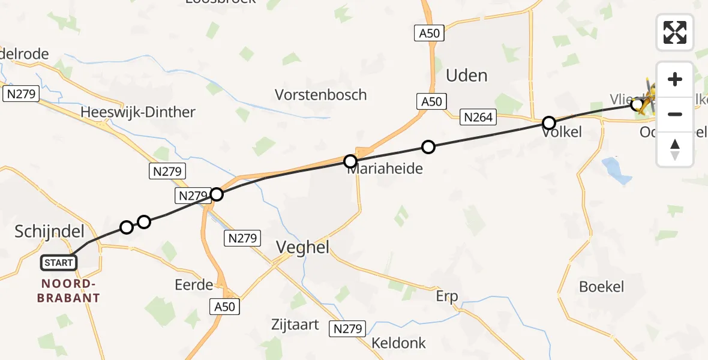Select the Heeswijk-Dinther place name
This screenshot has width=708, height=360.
[138, 112]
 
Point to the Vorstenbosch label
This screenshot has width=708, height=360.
[320, 95]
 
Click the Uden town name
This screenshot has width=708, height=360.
[466, 76]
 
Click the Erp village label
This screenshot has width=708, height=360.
[446, 296]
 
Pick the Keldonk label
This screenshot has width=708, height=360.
[398, 343]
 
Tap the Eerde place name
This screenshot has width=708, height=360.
[194, 284]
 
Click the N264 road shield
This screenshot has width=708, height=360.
[478, 118]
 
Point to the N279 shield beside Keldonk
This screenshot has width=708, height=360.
[347, 329]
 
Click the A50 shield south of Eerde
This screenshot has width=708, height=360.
[226, 307]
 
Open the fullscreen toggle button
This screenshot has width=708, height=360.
[675, 32]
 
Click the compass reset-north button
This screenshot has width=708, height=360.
[675, 149]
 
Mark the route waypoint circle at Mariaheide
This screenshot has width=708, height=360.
[350, 161]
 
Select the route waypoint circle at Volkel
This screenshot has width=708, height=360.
[549, 124]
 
